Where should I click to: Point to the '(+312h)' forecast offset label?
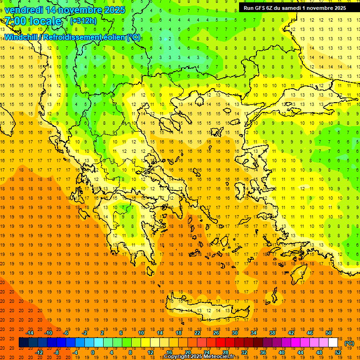[83, 21]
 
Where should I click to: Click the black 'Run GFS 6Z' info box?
[294, 7]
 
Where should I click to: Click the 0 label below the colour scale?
[92, 352]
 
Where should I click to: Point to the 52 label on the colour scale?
[337, 352]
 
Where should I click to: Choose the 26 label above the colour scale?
[216, 333]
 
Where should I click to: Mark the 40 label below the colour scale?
[281, 352]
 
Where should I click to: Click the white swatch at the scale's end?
[333, 343]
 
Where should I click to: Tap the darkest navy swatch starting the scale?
[23, 343]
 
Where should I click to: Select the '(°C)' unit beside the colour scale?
[349, 343]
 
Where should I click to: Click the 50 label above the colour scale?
[329, 333]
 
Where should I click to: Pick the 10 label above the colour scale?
[141, 333]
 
